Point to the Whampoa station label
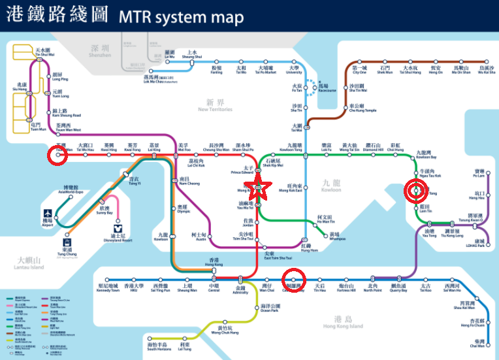click(x=334, y=237)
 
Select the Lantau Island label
click(x=28, y=264)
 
